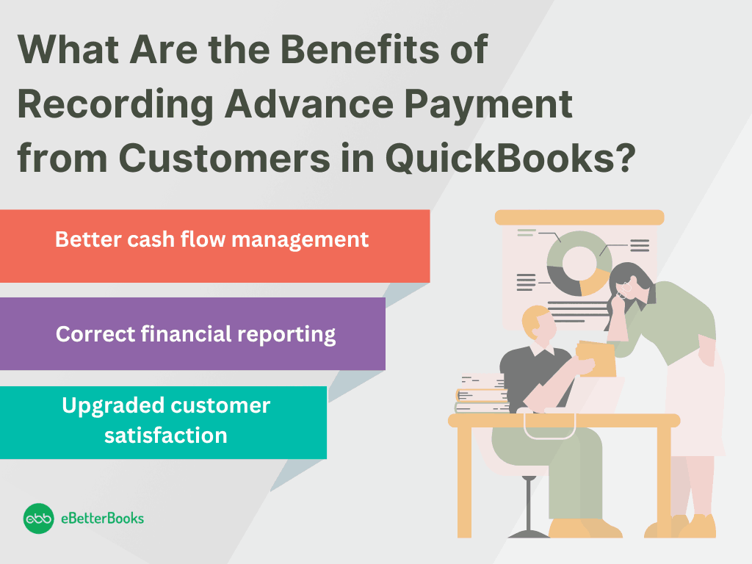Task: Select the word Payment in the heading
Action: pos(488,105)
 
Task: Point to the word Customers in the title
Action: pos(225,159)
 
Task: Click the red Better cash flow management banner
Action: pos(215,246)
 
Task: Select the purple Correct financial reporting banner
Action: pos(192,334)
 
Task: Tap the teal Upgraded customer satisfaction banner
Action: pos(163,422)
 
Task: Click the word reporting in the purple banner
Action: pos(286,335)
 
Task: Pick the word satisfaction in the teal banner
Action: pos(166,435)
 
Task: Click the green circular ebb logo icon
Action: pos(38,518)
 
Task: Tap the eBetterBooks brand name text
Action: pos(103,518)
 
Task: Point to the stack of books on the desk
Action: pos(482,394)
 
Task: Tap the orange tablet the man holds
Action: pos(596,358)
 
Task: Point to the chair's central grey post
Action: pos(529,503)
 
